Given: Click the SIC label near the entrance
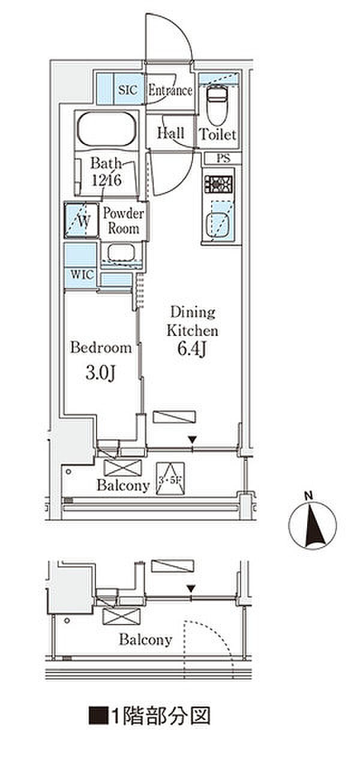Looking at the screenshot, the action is tap(128, 90).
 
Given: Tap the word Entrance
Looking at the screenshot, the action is tap(170, 91).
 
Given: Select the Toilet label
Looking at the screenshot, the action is tap(218, 134).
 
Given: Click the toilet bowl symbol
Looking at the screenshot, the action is tap(217, 105).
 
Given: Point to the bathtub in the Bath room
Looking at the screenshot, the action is tap(106, 130).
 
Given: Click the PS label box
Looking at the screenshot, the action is tap(224, 158).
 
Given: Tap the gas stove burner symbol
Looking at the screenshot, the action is tap(218, 184).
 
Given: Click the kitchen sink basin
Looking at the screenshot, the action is tap(217, 224).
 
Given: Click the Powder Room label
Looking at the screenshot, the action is tap(124, 221).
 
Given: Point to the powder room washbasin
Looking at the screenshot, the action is tap(121, 253).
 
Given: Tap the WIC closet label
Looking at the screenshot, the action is tap(82, 275).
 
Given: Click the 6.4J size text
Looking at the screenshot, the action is tap(191, 349).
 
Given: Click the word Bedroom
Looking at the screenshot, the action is tap(101, 347).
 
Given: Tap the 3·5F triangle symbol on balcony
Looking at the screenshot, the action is tap(170, 479).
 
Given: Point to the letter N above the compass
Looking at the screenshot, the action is tap(309, 496).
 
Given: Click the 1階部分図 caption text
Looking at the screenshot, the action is tap(150, 733).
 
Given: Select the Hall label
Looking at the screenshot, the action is tap(171, 133).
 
